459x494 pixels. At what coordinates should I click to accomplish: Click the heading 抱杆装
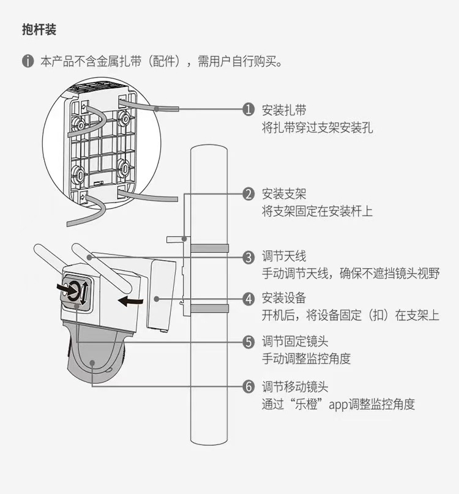[x=39, y=29]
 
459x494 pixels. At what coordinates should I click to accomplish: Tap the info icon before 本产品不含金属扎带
[x=28, y=62]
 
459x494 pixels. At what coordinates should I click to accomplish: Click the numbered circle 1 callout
[x=248, y=110]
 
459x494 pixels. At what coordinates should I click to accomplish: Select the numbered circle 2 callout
[x=248, y=194]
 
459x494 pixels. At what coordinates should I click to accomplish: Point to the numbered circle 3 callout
[x=248, y=257]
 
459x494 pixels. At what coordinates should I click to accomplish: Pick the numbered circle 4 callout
[x=248, y=299]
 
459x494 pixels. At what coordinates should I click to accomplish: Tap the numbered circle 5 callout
[x=248, y=342]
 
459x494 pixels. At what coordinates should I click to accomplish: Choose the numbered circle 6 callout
[x=248, y=387]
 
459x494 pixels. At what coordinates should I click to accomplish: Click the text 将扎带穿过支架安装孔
[x=317, y=127]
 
